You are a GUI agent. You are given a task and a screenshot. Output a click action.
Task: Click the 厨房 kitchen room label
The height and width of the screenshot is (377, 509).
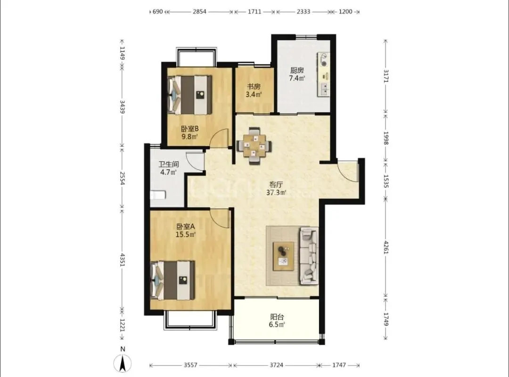(297, 70)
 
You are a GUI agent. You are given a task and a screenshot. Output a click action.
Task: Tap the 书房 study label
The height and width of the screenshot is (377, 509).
(254, 87)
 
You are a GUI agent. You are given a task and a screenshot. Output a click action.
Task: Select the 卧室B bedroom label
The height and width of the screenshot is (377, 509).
(189, 129)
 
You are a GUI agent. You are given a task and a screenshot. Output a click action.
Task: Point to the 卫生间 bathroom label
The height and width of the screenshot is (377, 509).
(168, 164)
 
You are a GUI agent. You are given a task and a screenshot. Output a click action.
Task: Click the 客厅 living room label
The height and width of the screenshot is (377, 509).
(276, 184)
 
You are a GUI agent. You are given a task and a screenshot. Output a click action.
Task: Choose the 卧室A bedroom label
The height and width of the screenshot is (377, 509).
(185, 226)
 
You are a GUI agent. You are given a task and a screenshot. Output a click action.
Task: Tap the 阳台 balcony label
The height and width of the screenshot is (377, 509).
(277, 317)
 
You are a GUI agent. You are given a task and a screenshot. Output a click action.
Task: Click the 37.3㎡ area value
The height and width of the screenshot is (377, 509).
(276, 193)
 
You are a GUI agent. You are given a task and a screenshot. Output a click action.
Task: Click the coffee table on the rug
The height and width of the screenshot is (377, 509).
(284, 256)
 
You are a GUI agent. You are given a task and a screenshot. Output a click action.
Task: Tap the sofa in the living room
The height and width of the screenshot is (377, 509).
(309, 256)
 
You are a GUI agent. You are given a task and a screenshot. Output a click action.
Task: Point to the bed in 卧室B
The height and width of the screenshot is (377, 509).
(189, 95)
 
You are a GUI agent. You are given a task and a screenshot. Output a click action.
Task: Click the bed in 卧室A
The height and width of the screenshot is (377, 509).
(172, 280)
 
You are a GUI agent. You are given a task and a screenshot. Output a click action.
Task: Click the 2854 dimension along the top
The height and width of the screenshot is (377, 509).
(199, 12)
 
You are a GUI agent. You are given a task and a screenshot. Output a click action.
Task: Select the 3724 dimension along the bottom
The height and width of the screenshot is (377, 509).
(276, 365)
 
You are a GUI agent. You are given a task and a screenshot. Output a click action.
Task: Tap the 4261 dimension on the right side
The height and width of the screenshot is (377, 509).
(386, 247)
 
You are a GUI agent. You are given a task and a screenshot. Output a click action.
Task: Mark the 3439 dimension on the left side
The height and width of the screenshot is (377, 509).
(123, 107)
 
